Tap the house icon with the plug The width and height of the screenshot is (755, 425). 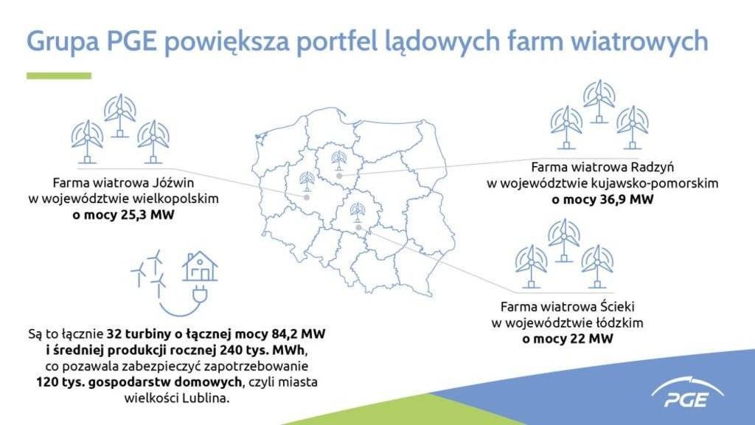(x=200, y=266)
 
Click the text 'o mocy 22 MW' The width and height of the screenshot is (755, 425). (x=567, y=339)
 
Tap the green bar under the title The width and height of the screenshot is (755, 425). (x=58, y=75)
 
